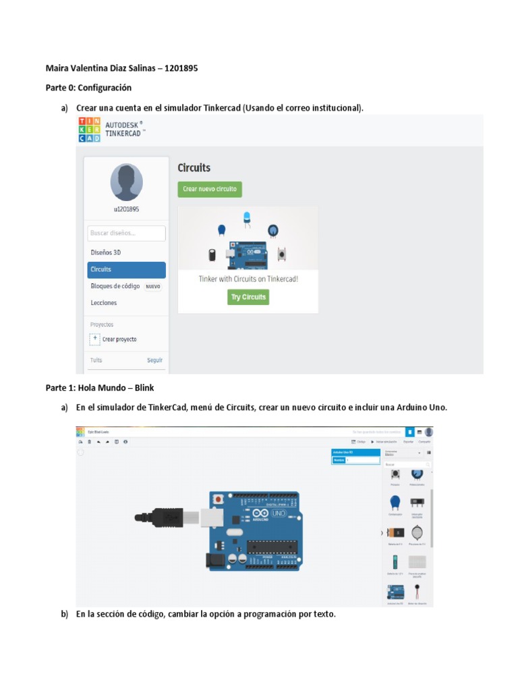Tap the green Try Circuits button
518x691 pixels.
(x=248, y=297)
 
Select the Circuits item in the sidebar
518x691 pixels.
(x=126, y=269)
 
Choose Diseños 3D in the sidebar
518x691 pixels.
(x=106, y=252)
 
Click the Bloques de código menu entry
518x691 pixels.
(x=115, y=286)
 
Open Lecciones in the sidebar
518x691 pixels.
(x=104, y=303)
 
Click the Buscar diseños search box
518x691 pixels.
(x=126, y=233)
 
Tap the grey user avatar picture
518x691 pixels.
(x=126, y=182)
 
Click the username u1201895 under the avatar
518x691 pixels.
(x=126, y=210)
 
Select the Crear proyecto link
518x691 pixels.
(x=119, y=339)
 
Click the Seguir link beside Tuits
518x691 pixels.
(x=155, y=360)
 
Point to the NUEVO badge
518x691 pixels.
(x=153, y=286)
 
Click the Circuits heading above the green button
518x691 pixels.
(x=194, y=167)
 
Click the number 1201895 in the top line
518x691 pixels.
(x=181, y=69)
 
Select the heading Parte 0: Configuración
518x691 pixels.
(x=88, y=88)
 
